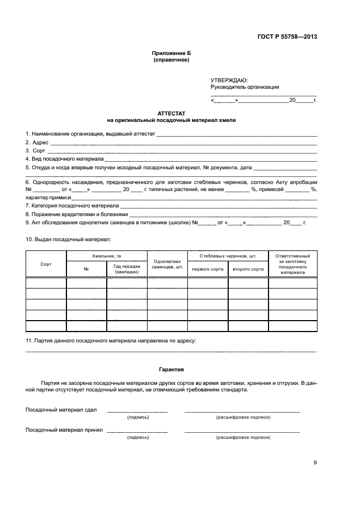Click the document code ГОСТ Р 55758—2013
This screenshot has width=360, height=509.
287,37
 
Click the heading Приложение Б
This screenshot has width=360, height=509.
172,53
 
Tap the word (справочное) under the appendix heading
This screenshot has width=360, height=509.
172,60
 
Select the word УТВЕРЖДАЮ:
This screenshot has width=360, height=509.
229,79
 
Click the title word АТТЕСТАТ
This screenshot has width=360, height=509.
172,113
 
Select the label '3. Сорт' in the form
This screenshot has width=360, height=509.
35,150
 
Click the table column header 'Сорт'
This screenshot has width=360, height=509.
46,263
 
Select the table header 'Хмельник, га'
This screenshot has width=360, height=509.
107,255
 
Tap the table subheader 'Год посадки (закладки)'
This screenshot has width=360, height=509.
127,269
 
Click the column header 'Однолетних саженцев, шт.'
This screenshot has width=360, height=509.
167,264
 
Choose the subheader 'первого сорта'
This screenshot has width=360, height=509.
208,269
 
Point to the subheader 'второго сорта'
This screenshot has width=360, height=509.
248,269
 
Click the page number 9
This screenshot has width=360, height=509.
315,463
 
